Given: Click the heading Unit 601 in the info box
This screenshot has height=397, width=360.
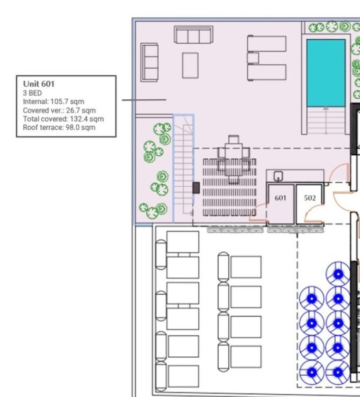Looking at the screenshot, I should [x=39, y=84].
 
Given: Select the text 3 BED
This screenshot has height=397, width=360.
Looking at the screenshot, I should [x=33, y=93].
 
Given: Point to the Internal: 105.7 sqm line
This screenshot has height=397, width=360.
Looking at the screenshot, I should [x=53, y=102].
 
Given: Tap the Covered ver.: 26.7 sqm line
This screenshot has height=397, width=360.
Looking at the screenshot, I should [x=59, y=110].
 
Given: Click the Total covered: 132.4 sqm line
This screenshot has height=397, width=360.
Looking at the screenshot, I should [x=63, y=119].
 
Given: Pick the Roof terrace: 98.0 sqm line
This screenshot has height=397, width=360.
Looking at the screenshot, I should [x=59, y=127].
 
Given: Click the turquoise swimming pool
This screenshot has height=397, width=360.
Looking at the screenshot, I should [x=325, y=72].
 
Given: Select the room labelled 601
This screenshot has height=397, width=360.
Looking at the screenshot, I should [x=281, y=204].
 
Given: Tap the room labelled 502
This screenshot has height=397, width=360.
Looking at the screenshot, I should [x=310, y=204].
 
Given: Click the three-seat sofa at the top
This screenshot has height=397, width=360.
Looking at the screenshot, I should [x=193, y=35].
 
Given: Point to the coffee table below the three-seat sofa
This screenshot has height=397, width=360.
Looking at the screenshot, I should [x=190, y=65].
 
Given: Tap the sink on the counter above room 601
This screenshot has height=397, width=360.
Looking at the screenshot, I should [x=278, y=176].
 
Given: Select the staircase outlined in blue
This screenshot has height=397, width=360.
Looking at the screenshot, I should [x=184, y=168].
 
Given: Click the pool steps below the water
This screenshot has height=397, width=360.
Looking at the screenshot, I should [x=325, y=121].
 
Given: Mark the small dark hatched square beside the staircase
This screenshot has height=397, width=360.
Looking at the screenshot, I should [x=196, y=187].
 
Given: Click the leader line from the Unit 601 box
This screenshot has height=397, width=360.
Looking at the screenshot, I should [x=144, y=100].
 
